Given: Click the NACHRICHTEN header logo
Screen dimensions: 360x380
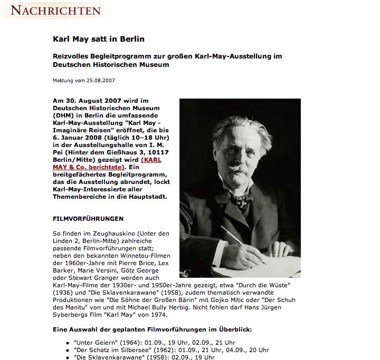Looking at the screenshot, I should [x=55, y=10].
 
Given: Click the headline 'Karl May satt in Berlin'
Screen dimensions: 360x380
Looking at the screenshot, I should [x=99, y=39].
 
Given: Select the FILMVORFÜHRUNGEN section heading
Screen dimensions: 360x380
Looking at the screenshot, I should [x=88, y=218].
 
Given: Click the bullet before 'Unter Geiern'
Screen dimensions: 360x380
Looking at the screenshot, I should [x=69, y=343].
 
